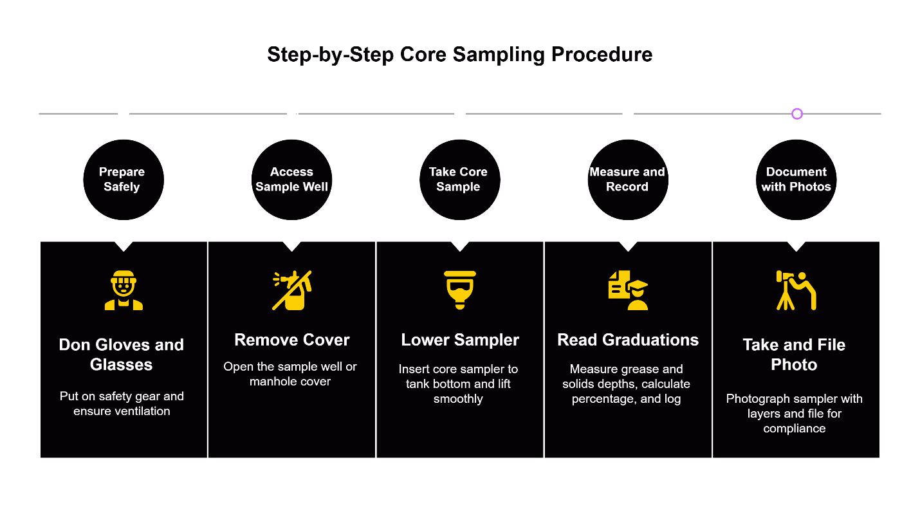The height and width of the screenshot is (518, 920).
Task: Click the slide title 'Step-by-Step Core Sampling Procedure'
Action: coord(459,55)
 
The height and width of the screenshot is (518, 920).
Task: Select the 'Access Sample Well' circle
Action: coord(291,180)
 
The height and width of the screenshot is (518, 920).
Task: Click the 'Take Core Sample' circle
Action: coord(459,180)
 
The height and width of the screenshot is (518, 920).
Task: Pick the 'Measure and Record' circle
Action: coord(628,180)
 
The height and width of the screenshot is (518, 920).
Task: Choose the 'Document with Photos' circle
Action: coord(796,180)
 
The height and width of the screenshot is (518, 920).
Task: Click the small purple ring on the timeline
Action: coord(797,114)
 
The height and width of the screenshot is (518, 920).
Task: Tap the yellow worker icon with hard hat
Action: coord(124,290)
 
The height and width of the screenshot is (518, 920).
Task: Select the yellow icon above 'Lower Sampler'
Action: coord(459,290)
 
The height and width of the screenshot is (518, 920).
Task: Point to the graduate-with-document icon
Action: coord(628,290)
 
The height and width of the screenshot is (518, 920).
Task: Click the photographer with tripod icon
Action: coord(796,290)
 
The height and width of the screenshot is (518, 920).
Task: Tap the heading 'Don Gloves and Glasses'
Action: coord(122,355)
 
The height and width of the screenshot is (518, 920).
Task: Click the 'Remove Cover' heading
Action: coord(291,340)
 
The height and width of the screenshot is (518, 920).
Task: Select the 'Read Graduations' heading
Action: coord(628,340)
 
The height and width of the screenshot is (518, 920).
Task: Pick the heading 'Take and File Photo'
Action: coord(794,355)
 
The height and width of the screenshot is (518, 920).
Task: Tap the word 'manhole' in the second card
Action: coord(270,382)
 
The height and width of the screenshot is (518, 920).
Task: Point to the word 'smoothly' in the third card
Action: coord(458,399)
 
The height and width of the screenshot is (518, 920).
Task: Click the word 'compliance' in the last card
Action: coord(794,429)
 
